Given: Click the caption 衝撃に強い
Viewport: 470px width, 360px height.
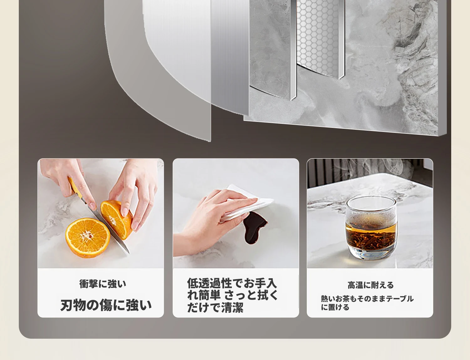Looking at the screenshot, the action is pos(102,284).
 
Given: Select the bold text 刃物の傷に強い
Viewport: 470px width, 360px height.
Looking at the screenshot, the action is pos(106,305).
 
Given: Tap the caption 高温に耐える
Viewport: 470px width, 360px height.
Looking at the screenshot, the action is pos(370,285).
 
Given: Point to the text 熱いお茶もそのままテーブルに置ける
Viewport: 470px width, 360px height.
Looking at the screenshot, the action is pos(367,303).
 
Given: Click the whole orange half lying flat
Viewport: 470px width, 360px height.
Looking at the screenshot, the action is pos(88,237).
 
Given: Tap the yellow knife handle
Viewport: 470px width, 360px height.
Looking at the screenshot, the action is pos(75,188).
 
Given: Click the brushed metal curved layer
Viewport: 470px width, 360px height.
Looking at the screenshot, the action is pos(195,54).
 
